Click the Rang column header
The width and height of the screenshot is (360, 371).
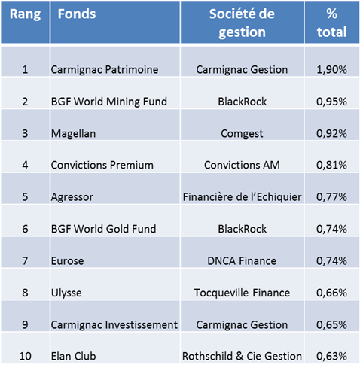point(25,14)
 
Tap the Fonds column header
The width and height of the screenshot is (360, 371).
point(77,14)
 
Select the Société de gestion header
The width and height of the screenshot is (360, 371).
point(242,23)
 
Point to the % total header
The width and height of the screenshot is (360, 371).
point(331,23)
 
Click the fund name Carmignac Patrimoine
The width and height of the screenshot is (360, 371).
point(105,70)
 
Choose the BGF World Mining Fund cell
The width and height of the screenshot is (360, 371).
point(109,102)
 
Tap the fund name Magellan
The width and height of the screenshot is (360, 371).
point(73,133)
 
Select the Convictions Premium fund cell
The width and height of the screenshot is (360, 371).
point(102,165)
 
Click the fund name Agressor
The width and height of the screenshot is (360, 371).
point(72,197)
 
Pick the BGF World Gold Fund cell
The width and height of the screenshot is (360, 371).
point(103,229)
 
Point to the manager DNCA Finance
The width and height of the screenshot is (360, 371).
point(242,261)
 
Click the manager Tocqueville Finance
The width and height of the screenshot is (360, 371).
point(242,293)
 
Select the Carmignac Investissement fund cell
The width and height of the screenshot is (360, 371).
point(114,325)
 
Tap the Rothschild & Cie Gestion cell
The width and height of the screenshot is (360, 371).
point(242,357)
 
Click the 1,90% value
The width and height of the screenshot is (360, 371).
point(331,70)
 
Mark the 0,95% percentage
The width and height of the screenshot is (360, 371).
point(331,102)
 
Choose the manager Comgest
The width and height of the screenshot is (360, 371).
point(242,134)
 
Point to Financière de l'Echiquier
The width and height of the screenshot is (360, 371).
point(242,197)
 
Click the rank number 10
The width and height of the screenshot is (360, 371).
point(25,357)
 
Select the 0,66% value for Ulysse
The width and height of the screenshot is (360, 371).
point(331,293)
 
